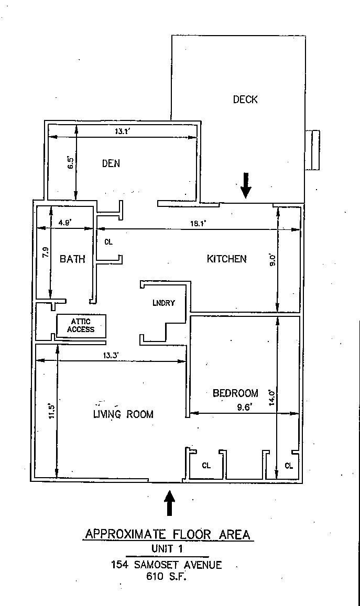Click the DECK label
coord(245,100)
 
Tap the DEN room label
coord(111,163)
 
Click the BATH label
coord(72,259)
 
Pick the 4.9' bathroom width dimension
coord(65,222)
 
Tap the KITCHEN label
coord(226,259)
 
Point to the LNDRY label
coord(163,303)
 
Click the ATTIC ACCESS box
coord(81,326)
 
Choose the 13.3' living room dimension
coord(111,355)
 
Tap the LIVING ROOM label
coord(123,414)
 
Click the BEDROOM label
coord(235,393)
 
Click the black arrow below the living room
coord(170,503)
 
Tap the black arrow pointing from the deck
coord(246,185)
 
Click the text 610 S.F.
coord(166,577)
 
